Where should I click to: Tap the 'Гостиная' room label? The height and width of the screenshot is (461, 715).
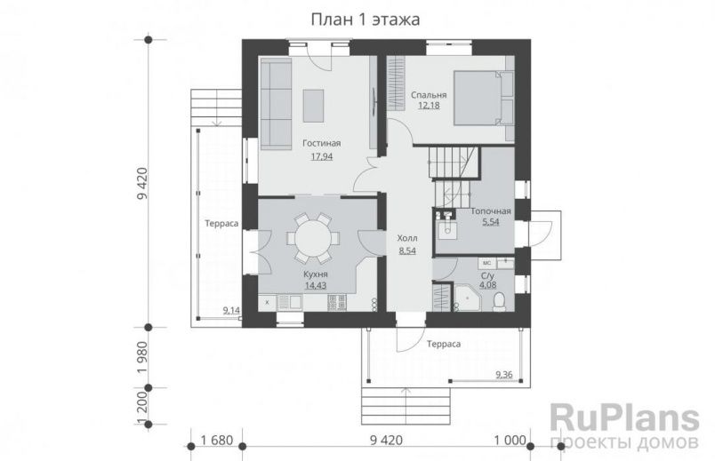pos(321,143)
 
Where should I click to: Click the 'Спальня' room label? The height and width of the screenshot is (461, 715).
pos(429,94)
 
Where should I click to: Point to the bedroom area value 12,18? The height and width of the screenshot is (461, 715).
pos(429,106)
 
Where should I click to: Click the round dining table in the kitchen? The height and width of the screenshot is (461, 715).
pos(312,237)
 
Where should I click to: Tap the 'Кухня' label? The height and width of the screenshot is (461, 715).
pos(316,275)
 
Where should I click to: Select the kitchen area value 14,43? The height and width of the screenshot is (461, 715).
pos(316,287)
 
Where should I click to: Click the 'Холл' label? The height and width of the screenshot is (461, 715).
pos(408,239)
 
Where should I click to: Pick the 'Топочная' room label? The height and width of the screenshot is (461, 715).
pos(490,211)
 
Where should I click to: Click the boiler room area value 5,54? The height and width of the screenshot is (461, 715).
pos(490,222)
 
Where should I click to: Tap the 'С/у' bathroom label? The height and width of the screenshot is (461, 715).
pos(487,276)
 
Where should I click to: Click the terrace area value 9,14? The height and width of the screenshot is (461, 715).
pos(230,310)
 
